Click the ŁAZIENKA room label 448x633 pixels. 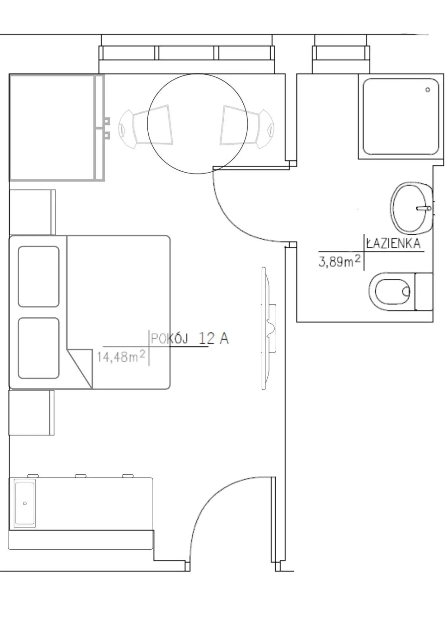pyautogui.click(x=394, y=244)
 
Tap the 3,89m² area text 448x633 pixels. pyautogui.click(x=339, y=261)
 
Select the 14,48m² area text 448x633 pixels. pyautogui.click(x=121, y=357)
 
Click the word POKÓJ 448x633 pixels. pyautogui.click(x=169, y=339)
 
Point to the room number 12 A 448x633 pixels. pyautogui.click(x=214, y=339)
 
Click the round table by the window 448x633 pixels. pyautogui.click(x=197, y=123)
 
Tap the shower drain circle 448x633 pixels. pyautogui.click(x=428, y=90)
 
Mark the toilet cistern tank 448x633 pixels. pyautogui.click(x=424, y=291)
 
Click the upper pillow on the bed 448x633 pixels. pyautogui.click(x=39, y=276)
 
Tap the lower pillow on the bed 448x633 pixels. pyautogui.click(x=39, y=348)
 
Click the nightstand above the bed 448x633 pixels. pyautogui.click(x=32, y=212)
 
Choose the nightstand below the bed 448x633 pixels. pyautogui.click(x=31, y=412)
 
